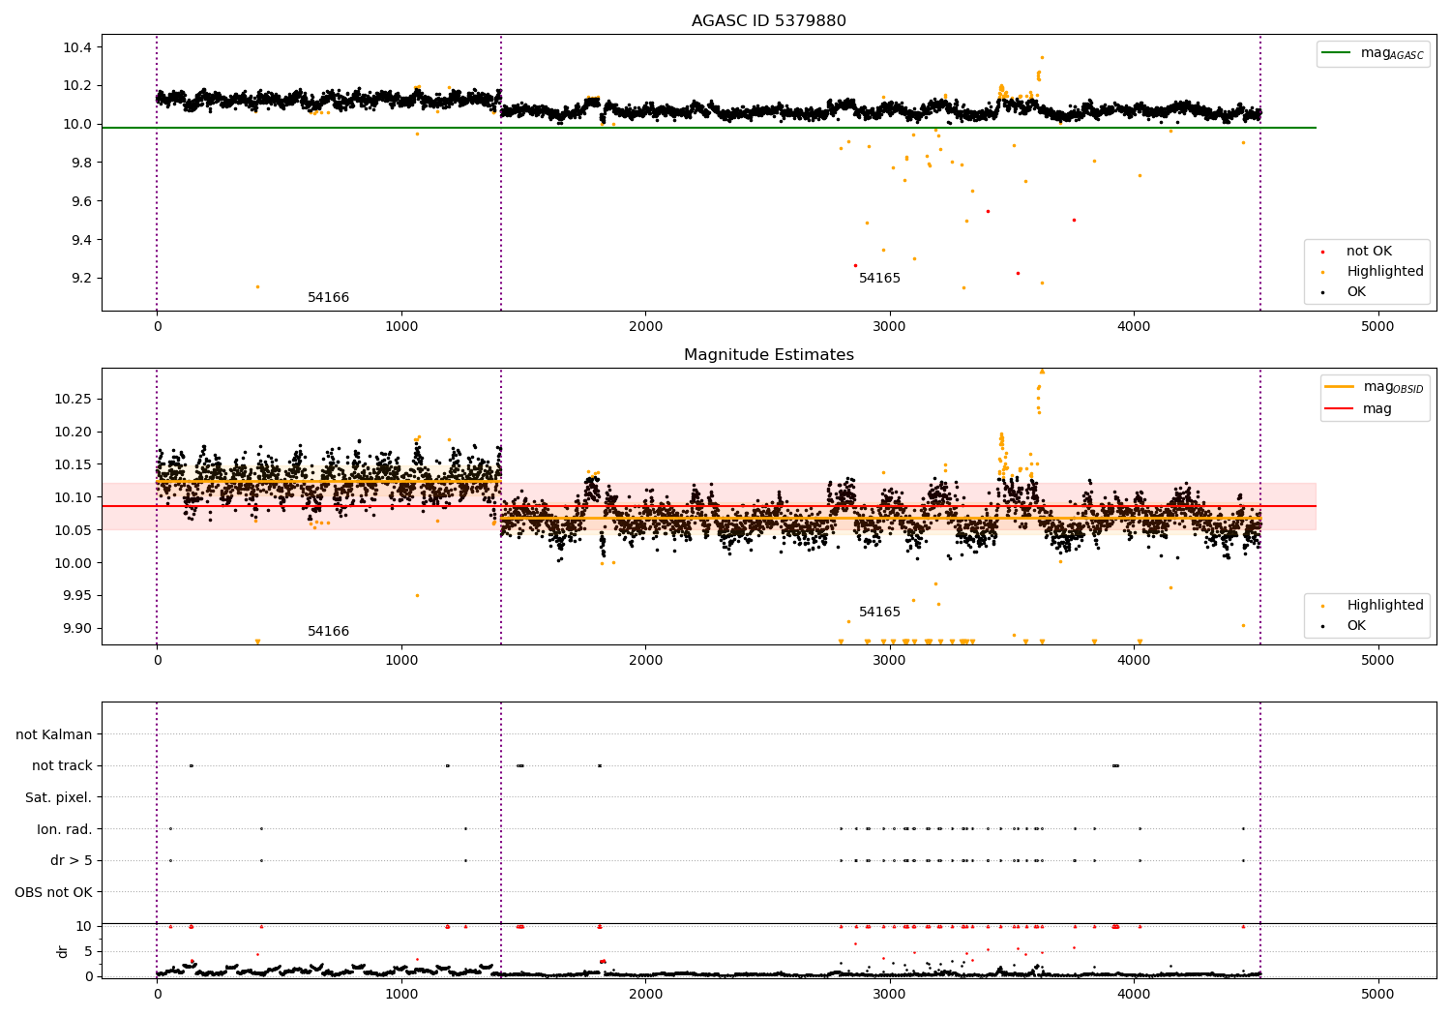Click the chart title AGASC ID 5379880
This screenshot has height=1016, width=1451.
click(768, 21)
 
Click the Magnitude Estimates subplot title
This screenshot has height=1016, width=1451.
click(768, 355)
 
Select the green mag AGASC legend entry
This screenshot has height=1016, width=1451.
click(1372, 53)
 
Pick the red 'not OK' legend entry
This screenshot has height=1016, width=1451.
click(1368, 252)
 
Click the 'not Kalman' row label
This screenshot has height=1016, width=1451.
click(54, 735)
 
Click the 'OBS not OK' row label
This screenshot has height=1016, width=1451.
click(53, 892)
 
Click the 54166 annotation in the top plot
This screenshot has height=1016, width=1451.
click(328, 298)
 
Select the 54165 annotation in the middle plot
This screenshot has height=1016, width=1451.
click(879, 613)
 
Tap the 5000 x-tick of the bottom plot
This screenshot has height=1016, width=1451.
click(1377, 994)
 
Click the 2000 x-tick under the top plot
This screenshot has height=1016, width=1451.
click(645, 327)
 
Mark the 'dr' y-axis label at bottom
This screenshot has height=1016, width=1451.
click(63, 951)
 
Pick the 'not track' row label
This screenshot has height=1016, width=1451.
click(62, 766)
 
